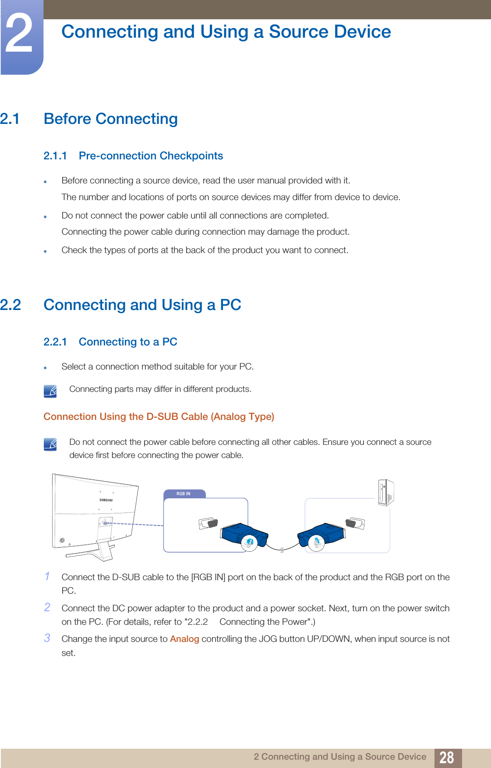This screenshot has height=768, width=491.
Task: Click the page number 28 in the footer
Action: coord(446,757)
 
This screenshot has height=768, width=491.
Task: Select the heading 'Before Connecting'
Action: coord(110,119)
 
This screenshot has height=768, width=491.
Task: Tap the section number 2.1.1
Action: coord(55,156)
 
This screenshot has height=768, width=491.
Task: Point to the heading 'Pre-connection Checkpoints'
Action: coord(151,156)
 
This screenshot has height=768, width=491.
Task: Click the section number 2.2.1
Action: coord(55,342)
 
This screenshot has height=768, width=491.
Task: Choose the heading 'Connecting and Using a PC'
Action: coord(142,305)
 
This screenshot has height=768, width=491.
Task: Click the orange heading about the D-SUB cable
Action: coord(159,416)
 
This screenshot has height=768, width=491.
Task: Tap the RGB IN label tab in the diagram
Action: coord(184,494)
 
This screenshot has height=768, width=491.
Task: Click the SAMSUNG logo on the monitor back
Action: coord(106,500)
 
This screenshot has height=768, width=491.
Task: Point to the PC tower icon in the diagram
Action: coord(386,493)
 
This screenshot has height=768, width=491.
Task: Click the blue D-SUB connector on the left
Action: coord(243,535)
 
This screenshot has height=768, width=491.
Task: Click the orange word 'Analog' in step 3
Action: coord(184,639)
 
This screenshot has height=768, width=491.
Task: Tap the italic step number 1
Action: coord(47,576)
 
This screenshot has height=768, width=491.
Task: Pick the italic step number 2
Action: coord(47,607)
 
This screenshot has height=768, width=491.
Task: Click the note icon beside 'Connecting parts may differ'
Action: coord(50,391)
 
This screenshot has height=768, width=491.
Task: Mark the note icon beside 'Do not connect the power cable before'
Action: coord(50,444)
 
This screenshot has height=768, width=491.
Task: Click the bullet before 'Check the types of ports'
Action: coord(45,251)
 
